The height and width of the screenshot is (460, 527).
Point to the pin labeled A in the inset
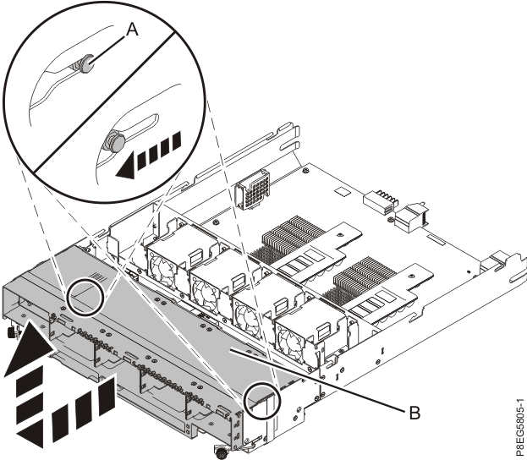click(x=85, y=64)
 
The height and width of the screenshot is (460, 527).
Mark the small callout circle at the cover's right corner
click(x=260, y=402)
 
